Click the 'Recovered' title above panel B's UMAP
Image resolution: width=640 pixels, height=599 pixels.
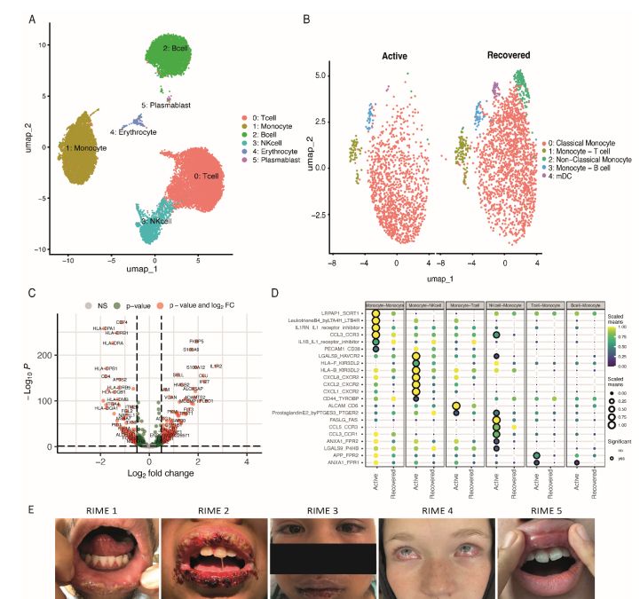509,55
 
